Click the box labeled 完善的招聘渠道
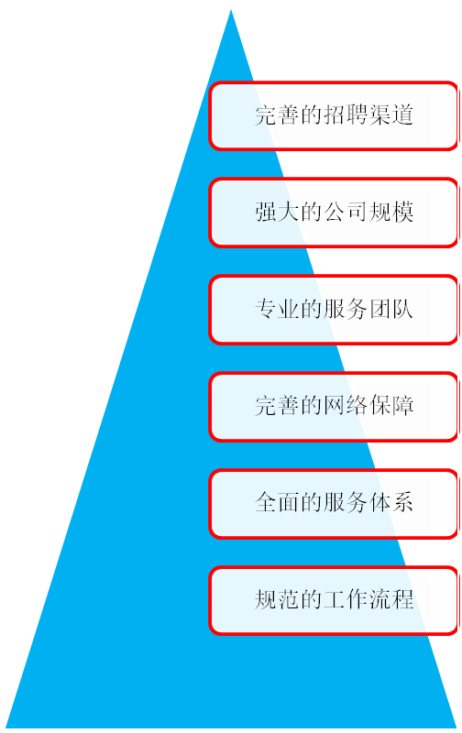(334, 116)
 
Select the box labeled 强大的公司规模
(334, 213)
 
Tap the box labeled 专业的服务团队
(334, 310)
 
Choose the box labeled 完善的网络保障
(334, 407)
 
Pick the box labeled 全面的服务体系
(334, 504)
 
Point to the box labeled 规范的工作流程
(334, 601)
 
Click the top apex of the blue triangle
(231, 10)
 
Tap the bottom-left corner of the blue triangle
(6, 727)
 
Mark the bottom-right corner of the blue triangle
(456, 727)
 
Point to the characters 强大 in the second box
(278, 213)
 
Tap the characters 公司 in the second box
(346, 213)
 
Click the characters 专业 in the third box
(278, 309)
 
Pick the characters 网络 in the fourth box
(346, 406)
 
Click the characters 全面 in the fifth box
(278, 503)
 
